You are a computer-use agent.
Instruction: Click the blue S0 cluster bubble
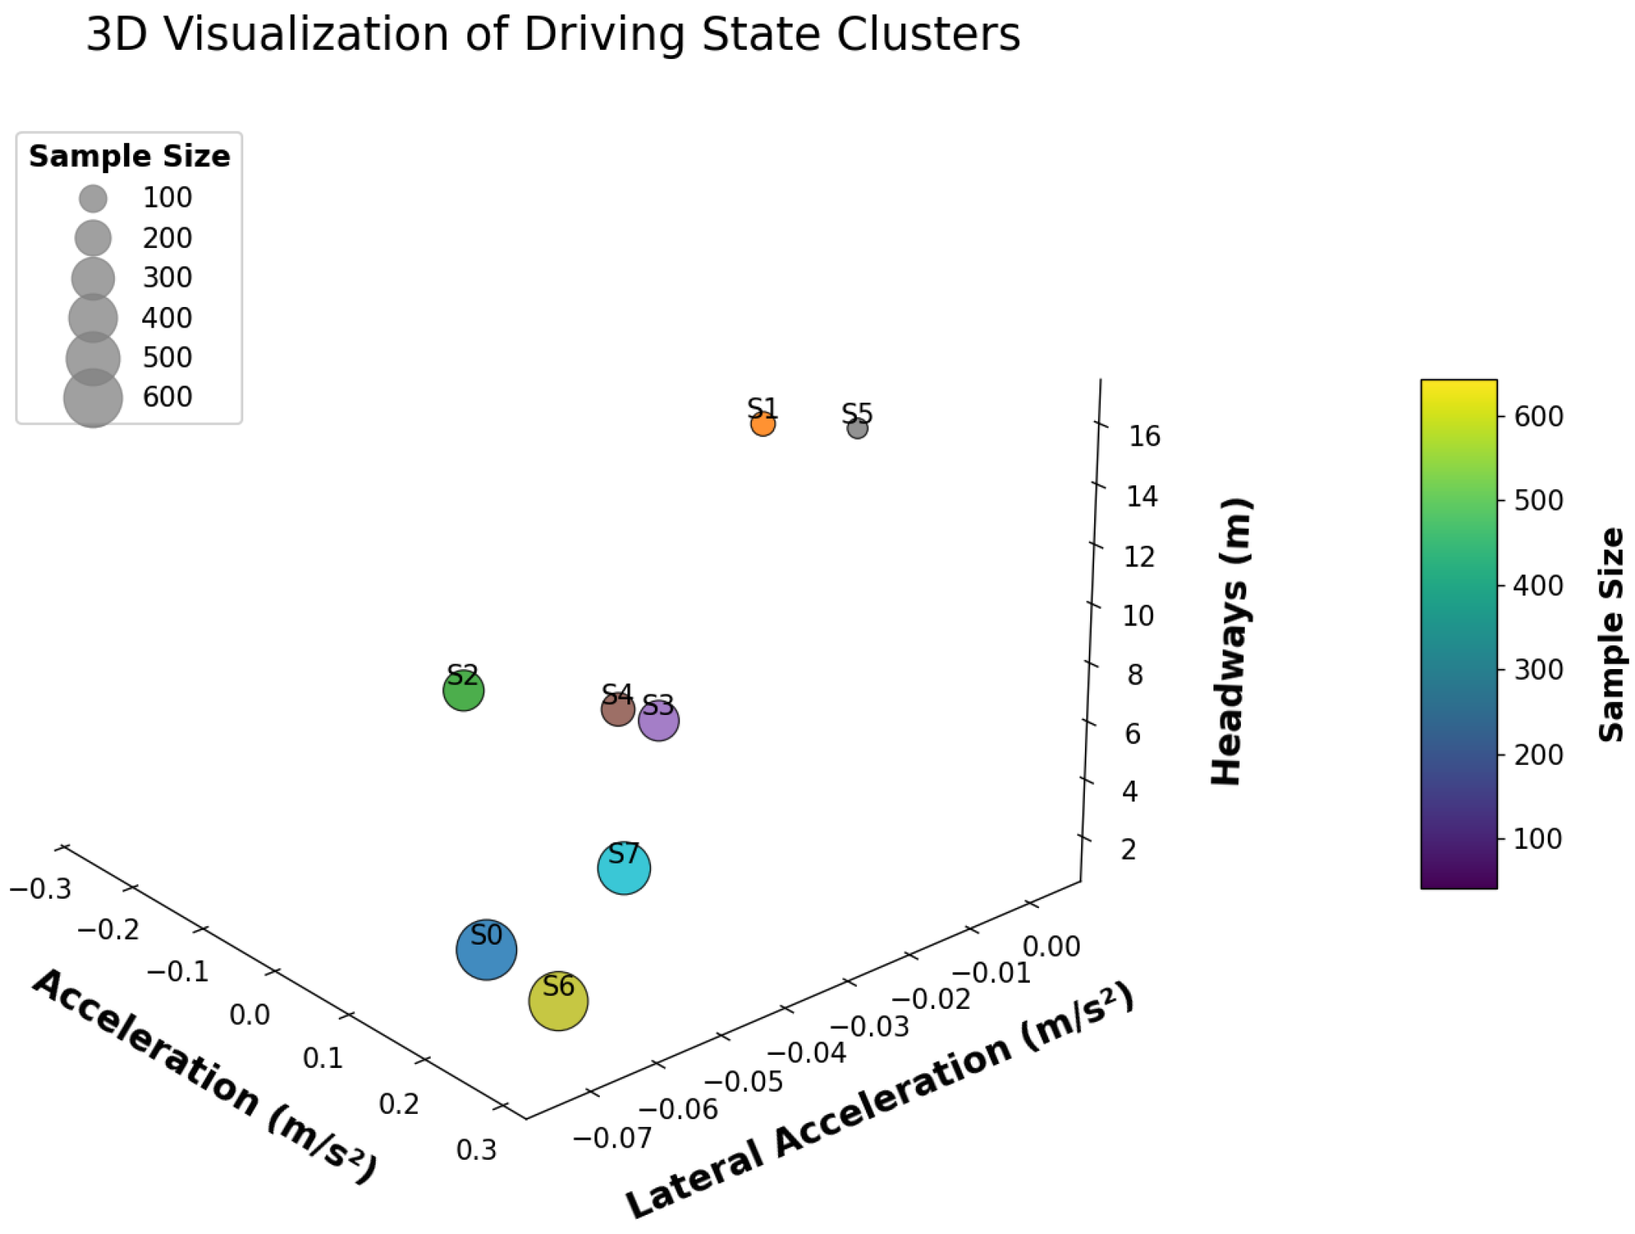pos(486,949)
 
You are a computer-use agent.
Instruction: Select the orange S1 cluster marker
pos(762,423)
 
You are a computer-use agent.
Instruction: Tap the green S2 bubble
pos(463,690)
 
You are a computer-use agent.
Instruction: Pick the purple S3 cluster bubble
pos(658,720)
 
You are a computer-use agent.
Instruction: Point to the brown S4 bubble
pos(617,710)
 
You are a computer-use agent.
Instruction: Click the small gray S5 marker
pos(857,429)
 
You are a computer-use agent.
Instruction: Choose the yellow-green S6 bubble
pos(558,1001)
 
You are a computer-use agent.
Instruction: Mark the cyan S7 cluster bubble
pos(624,868)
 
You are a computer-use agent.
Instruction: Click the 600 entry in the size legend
pos(167,397)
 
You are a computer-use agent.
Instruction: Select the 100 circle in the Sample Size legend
pos(93,198)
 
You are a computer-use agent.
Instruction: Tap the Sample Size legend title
pos(129,156)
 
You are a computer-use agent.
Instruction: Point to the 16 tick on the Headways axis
pos(1144,436)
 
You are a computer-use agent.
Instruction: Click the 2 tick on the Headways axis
pos(1128,850)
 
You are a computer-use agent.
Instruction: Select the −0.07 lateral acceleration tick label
pos(611,1138)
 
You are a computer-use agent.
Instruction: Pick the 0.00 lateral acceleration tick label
pos(1050,947)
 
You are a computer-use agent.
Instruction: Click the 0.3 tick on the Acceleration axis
pos(476,1150)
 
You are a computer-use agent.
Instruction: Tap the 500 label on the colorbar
pos(1538,501)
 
